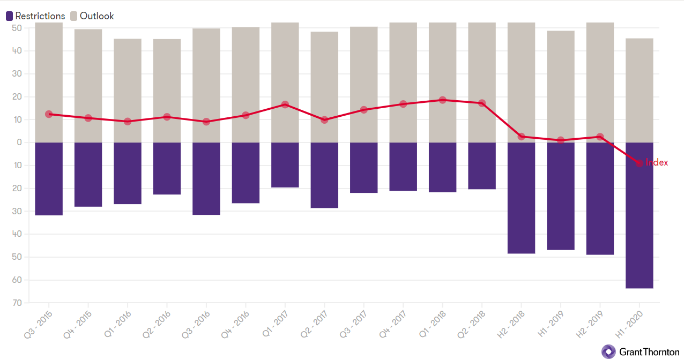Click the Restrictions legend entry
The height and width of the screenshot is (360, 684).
coord(35,16)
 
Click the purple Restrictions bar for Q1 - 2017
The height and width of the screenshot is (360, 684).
coord(285,165)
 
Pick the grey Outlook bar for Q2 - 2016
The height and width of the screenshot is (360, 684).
coord(167,91)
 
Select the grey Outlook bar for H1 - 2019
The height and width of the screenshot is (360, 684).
coord(561,86)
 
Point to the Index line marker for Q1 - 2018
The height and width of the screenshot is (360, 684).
coord(442,100)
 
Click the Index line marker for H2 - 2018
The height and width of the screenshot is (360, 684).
coord(521,137)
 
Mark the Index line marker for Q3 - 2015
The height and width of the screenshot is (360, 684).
coord(49,114)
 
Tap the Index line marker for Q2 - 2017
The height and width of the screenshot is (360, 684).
coord(324,120)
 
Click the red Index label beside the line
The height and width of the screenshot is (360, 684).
coord(657,162)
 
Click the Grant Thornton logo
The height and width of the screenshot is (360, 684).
coord(641,351)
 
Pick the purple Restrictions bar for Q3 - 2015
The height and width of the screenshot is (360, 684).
coord(49,179)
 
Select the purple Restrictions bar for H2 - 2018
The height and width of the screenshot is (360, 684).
coord(521,198)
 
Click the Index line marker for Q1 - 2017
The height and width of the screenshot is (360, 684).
coord(285,104)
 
